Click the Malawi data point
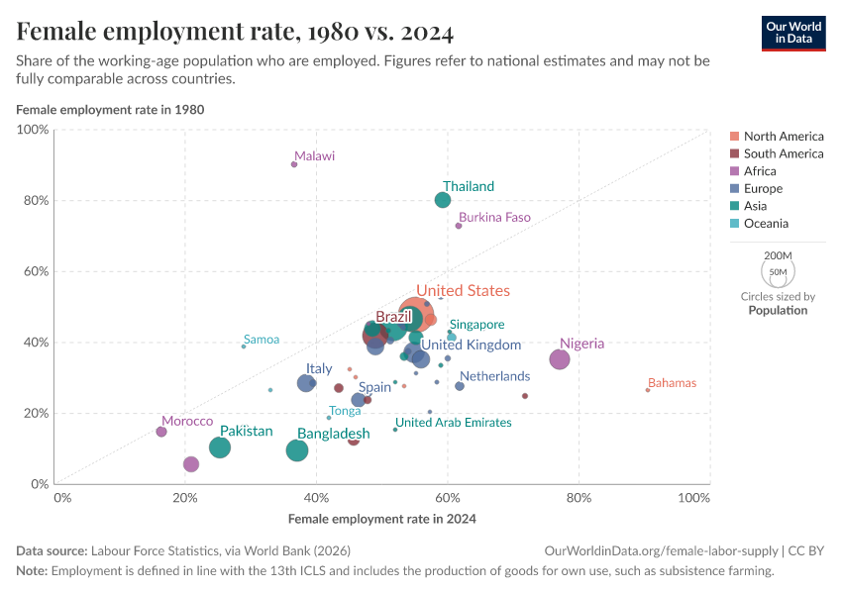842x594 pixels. pos(294,164)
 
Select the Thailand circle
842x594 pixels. pos(443,200)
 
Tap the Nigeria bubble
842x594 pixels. pos(560,359)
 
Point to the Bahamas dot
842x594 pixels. pos(648,390)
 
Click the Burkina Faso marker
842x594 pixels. pos(459,226)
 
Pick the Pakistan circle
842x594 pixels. pos(220,447)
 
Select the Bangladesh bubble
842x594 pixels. pos(297,450)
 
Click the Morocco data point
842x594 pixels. pos(161,432)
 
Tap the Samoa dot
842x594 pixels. pos(244,346)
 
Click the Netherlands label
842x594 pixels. pos(494,376)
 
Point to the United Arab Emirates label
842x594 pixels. pos(453,423)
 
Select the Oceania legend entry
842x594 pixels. pos(770,224)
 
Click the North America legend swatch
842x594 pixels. pos(734,137)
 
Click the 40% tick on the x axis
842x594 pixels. pos(316,497)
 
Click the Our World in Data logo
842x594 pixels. pos(793,33)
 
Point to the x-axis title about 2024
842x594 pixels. pos(381,519)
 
